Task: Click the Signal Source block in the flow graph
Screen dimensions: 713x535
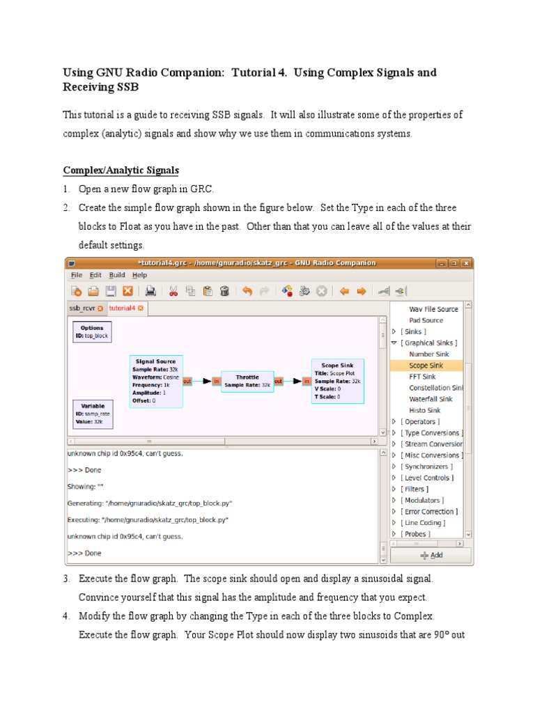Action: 156,381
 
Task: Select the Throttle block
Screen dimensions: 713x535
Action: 247,380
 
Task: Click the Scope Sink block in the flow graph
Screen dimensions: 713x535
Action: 338,381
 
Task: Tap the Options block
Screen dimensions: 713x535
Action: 91,331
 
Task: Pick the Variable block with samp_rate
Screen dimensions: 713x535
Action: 92,412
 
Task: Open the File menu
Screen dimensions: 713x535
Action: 76,275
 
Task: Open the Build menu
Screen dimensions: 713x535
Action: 117,275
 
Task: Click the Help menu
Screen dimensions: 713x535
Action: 139,275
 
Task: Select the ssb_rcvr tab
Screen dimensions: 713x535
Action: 85,308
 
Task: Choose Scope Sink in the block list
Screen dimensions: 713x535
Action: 426,366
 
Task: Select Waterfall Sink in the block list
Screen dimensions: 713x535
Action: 431,399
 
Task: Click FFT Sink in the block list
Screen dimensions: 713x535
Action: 422,377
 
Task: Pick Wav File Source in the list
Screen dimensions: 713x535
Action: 433,309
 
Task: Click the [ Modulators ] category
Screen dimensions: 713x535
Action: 424,500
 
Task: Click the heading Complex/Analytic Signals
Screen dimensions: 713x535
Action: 121,170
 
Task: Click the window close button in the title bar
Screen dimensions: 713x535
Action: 466,263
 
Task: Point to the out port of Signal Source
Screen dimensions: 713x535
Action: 187,381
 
